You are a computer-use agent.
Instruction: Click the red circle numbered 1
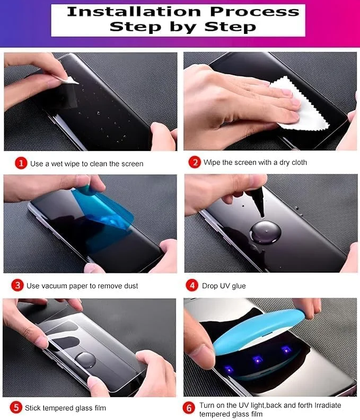(x=21, y=163)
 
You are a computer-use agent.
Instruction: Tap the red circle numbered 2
(x=195, y=162)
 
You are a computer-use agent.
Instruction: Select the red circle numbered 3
(x=17, y=285)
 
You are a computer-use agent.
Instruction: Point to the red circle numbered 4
(x=192, y=285)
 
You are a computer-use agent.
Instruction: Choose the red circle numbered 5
(x=16, y=408)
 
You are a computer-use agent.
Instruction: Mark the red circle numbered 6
(x=189, y=408)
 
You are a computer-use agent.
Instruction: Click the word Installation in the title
(x=134, y=12)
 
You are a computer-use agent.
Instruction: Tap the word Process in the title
(x=254, y=12)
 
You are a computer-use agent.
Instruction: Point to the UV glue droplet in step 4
(x=265, y=231)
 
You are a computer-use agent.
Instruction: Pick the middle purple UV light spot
(x=257, y=360)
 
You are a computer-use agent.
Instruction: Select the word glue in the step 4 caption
(x=239, y=286)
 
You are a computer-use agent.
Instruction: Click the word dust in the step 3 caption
(x=131, y=286)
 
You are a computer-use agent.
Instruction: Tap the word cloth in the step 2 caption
(x=298, y=162)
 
